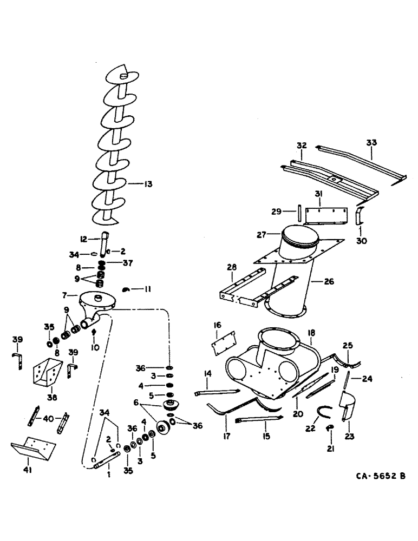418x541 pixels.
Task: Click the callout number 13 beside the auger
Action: [x=147, y=184]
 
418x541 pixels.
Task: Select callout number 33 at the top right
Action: [x=371, y=143]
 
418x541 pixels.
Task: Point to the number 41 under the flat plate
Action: [x=28, y=470]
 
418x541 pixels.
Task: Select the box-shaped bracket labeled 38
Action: [x=47, y=374]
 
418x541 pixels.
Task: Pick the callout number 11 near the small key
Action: [x=147, y=289]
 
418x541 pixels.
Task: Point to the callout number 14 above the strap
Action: [x=207, y=373]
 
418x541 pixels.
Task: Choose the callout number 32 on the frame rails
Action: [x=302, y=146]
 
